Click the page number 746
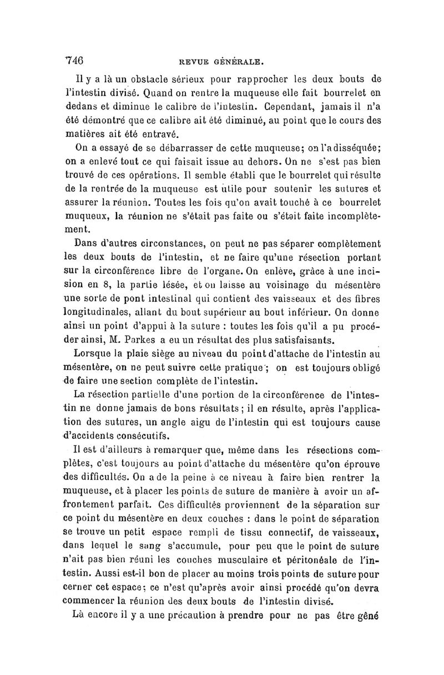click(x=74, y=60)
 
